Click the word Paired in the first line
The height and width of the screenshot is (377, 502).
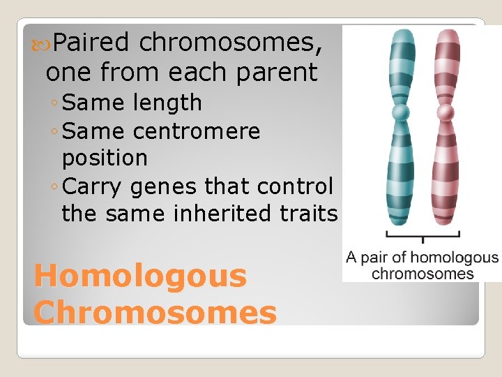(x=91, y=43)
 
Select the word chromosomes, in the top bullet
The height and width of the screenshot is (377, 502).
(x=231, y=43)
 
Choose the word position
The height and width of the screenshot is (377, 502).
(x=105, y=158)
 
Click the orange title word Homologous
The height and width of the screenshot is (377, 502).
(x=140, y=276)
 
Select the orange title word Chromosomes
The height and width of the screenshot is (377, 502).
(x=155, y=312)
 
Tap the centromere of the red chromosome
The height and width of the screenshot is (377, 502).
(x=446, y=112)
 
